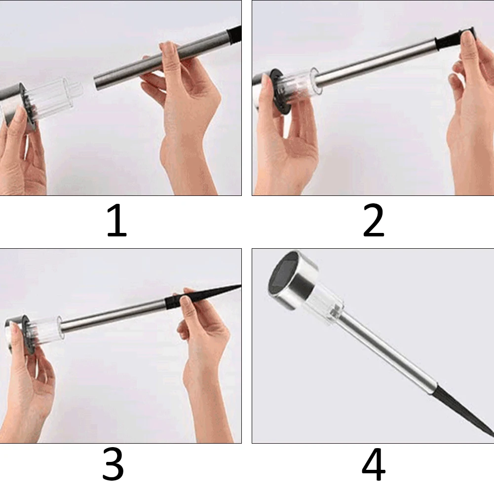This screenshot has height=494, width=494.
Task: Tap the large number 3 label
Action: pos(113,464)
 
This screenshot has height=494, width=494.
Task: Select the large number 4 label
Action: pos(373,464)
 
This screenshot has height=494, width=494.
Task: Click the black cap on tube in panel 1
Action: pos(234,34)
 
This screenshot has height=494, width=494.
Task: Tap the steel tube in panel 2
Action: pos(375,62)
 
